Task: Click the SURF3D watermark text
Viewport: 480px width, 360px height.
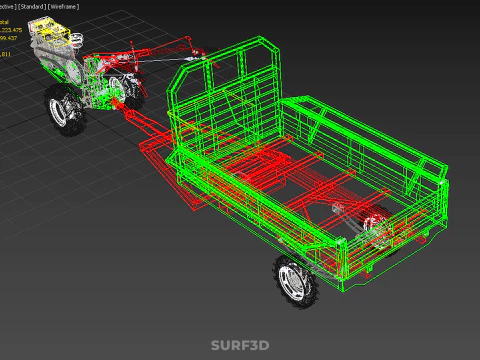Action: [x=240, y=345]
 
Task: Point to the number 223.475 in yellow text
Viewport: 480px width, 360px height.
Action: [x=20, y=30]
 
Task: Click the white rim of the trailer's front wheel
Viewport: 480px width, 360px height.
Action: [x=294, y=283]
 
